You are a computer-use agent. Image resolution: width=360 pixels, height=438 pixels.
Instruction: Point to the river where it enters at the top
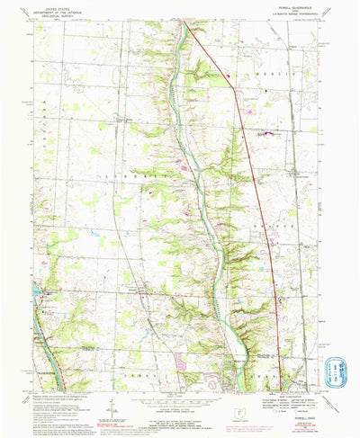coord(185,29)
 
